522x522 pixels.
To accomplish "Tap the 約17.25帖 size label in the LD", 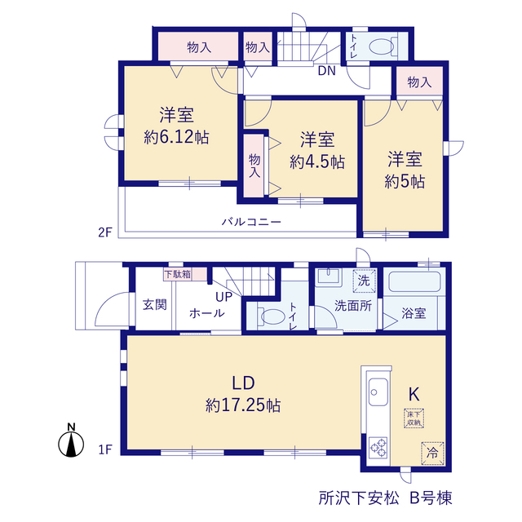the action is coord(243,405).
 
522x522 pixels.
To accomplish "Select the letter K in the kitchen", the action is coord(414,395).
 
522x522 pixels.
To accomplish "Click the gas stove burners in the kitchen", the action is coord(378,447).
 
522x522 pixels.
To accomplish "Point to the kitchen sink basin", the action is coord(378,392).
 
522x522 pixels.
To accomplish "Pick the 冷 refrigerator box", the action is coord(432,453).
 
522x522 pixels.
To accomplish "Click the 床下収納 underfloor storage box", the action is coord(414,418).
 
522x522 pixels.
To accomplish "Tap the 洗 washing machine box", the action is coord(365,281).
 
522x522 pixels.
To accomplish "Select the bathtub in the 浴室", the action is coord(414,282).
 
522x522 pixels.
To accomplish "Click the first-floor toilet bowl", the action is coord(271,316).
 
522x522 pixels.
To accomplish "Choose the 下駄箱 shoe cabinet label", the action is coord(178,274).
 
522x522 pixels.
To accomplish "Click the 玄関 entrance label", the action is coord(155,304).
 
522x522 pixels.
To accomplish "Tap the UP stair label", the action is coord(223,297).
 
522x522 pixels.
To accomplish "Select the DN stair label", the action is coord(326,71).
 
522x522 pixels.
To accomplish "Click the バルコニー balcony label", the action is coord(252,222).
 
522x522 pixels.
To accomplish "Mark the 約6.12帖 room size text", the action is coord(176,137).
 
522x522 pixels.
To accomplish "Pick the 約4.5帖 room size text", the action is coord(317,161).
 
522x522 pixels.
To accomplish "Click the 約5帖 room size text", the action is coord(405,182).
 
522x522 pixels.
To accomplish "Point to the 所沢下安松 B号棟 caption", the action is coord(386,498).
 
